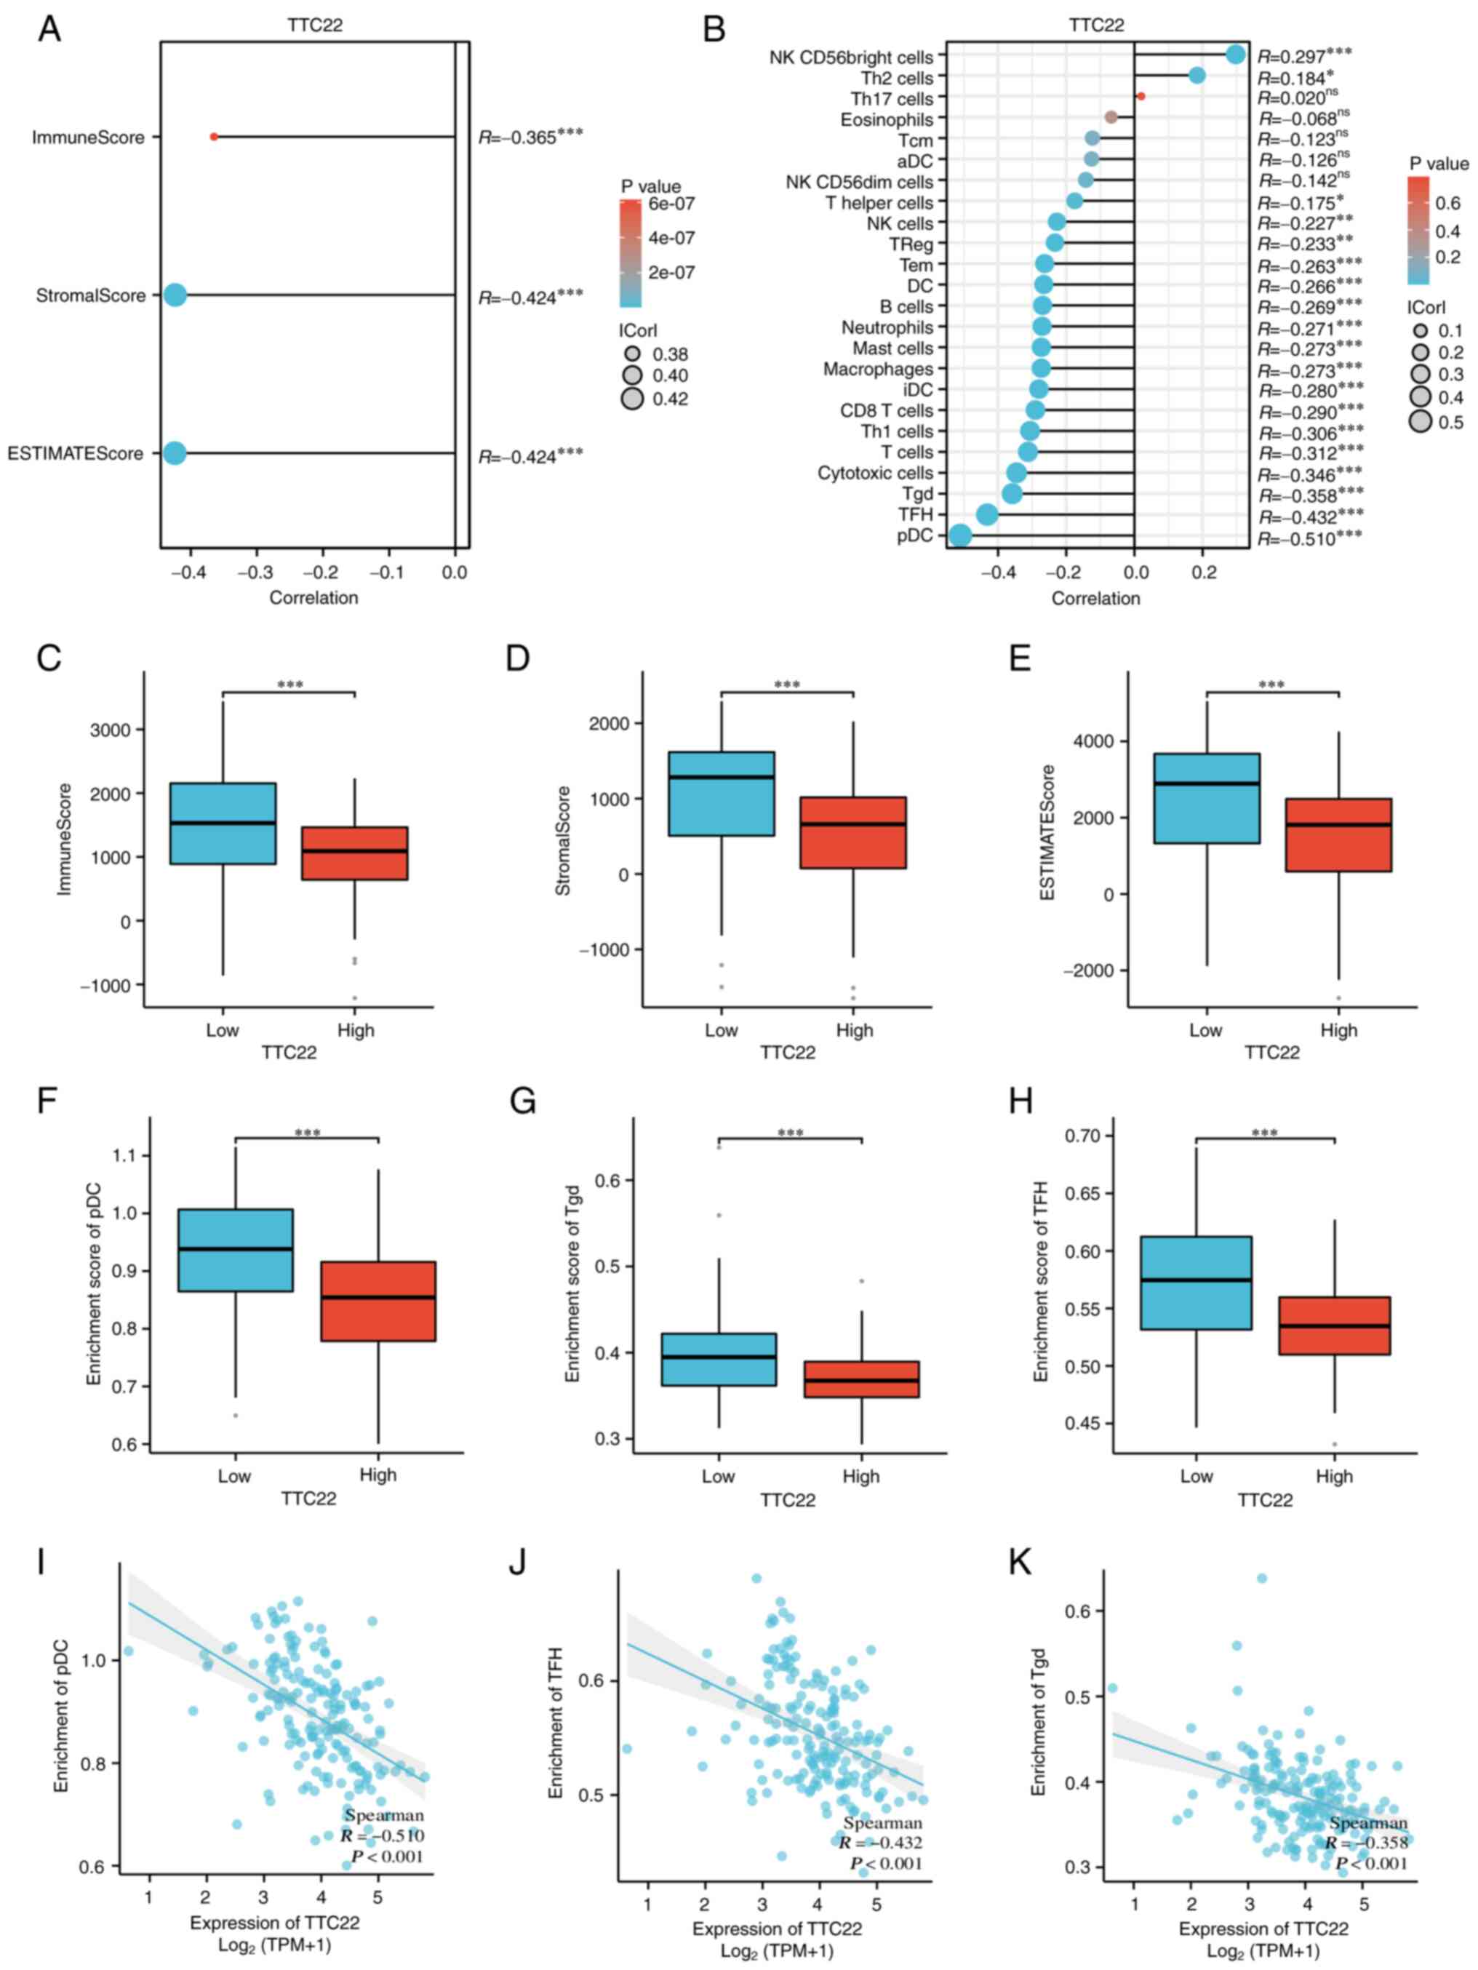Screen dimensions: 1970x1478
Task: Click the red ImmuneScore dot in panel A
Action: [214, 137]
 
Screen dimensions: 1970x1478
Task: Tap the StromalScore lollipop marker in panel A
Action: [175, 295]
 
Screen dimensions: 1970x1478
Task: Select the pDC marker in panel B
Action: [960, 535]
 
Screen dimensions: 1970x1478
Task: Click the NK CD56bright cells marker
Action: [1235, 55]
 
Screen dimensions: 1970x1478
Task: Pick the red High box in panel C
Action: [355, 853]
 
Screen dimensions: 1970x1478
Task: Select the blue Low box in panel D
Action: [722, 794]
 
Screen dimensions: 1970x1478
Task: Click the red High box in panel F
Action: [378, 1301]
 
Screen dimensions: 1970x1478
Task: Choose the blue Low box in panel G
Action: [719, 1360]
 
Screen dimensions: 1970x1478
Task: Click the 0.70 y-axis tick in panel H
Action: [1083, 1136]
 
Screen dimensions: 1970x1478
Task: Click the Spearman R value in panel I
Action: [382, 1835]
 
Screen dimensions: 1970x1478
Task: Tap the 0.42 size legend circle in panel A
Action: [632, 398]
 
